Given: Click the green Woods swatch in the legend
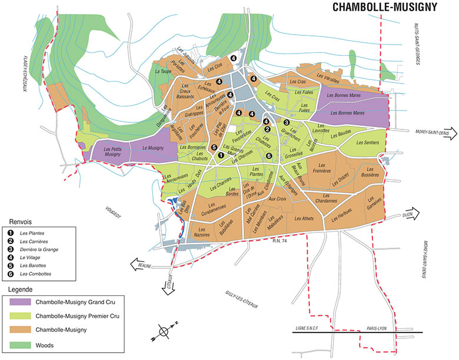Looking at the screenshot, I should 20,345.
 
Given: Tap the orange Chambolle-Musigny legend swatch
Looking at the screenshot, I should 20,331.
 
